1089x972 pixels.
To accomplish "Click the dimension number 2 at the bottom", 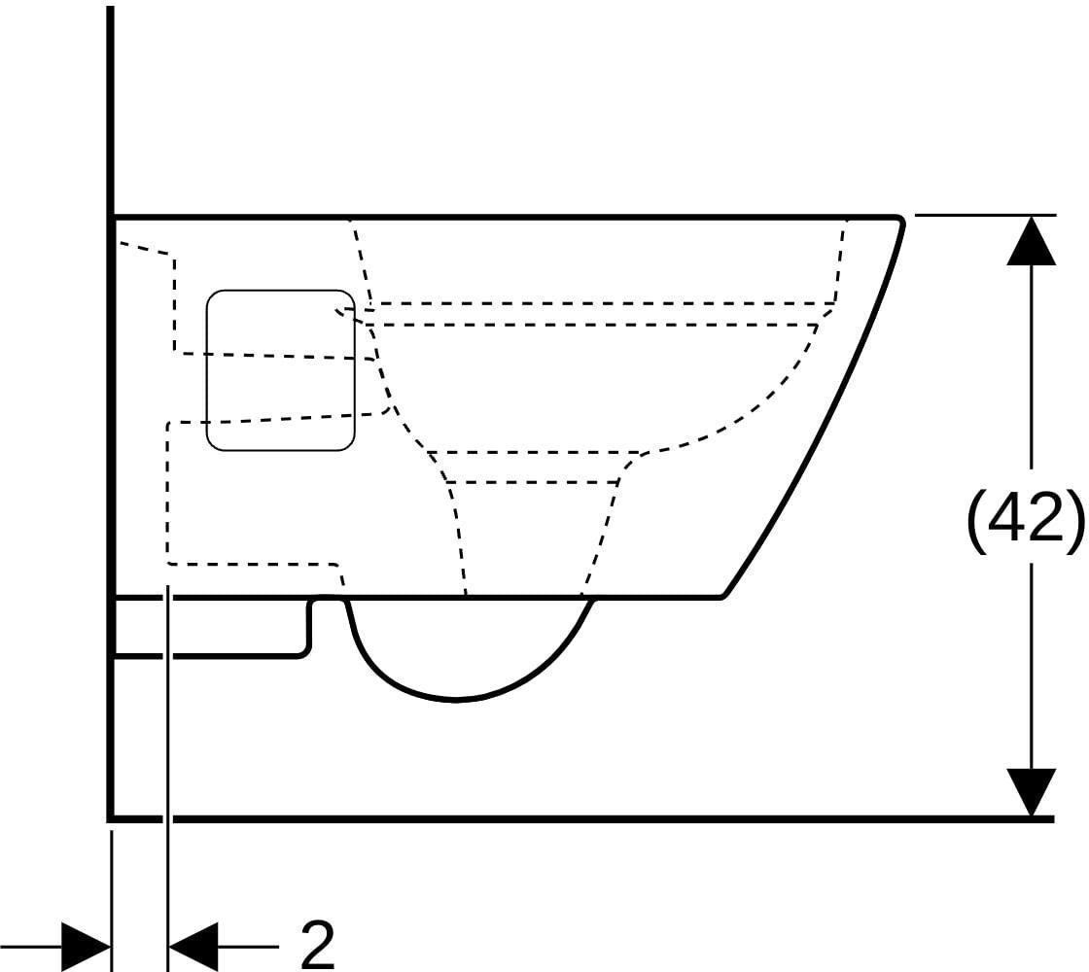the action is (317, 945).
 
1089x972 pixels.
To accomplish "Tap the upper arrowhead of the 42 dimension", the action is (1032, 241).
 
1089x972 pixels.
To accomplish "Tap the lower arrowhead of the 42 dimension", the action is (1032, 792).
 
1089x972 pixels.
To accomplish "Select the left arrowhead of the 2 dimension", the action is (87, 946).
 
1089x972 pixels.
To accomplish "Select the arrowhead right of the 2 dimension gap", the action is (193, 946).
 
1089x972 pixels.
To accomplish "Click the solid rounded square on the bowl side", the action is (281, 370).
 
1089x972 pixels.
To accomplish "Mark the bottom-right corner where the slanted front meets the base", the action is (723, 596).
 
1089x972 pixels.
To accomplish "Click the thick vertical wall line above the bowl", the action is (111, 111).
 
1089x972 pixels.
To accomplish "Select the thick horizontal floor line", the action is (582, 819).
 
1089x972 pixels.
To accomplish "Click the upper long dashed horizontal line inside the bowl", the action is (602, 303).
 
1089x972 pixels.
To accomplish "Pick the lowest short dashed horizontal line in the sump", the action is (532, 481).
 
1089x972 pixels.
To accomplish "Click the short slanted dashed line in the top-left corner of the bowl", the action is (146, 248).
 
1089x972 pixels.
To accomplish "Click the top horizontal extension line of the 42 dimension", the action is (986, 215).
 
